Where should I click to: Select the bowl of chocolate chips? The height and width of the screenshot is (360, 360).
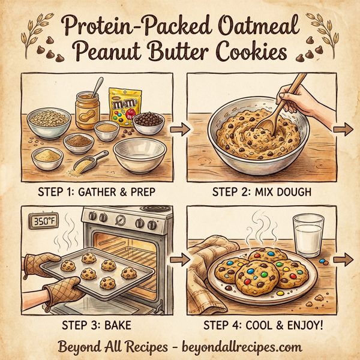[x=148, y=123]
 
